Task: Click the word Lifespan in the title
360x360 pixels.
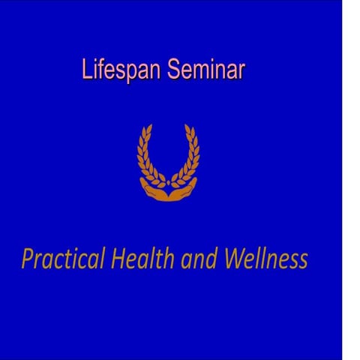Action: click(122, 70)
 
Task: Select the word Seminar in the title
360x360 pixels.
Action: click(206, 70)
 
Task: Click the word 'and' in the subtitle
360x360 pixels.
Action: click(197, 260)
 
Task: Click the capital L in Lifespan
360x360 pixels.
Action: click(86, 70)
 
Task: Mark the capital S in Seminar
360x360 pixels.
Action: click(174, 70)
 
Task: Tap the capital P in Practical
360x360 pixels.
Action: click(28, 259)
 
